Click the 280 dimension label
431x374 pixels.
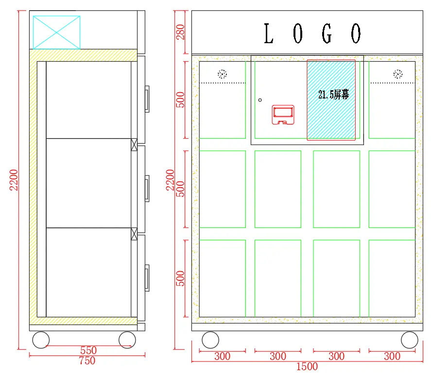tap(181, 32)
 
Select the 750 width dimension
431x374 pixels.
tap(87, 361)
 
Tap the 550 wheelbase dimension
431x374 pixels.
tap(88, 350)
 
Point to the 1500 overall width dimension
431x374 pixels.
tap(307, 367)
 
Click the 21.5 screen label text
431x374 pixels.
tap(333, 95)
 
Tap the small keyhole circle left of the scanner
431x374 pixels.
tap(260, 100)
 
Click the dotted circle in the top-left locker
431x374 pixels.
tap(222, 74)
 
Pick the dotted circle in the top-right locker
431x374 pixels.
tap(398, 74)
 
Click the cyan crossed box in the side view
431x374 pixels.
tap(56, 32)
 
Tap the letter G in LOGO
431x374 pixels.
tap(328, 34)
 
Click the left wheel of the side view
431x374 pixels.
tap(41, 340)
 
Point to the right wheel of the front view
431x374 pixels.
tap(409, 340)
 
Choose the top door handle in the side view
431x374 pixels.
tap(147, 99)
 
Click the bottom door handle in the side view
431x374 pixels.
tap(147, 277)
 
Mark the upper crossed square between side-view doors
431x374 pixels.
tap(134, 144)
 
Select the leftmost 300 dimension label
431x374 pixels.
tap(222, 357)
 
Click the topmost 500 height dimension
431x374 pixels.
tap(181, 99)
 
